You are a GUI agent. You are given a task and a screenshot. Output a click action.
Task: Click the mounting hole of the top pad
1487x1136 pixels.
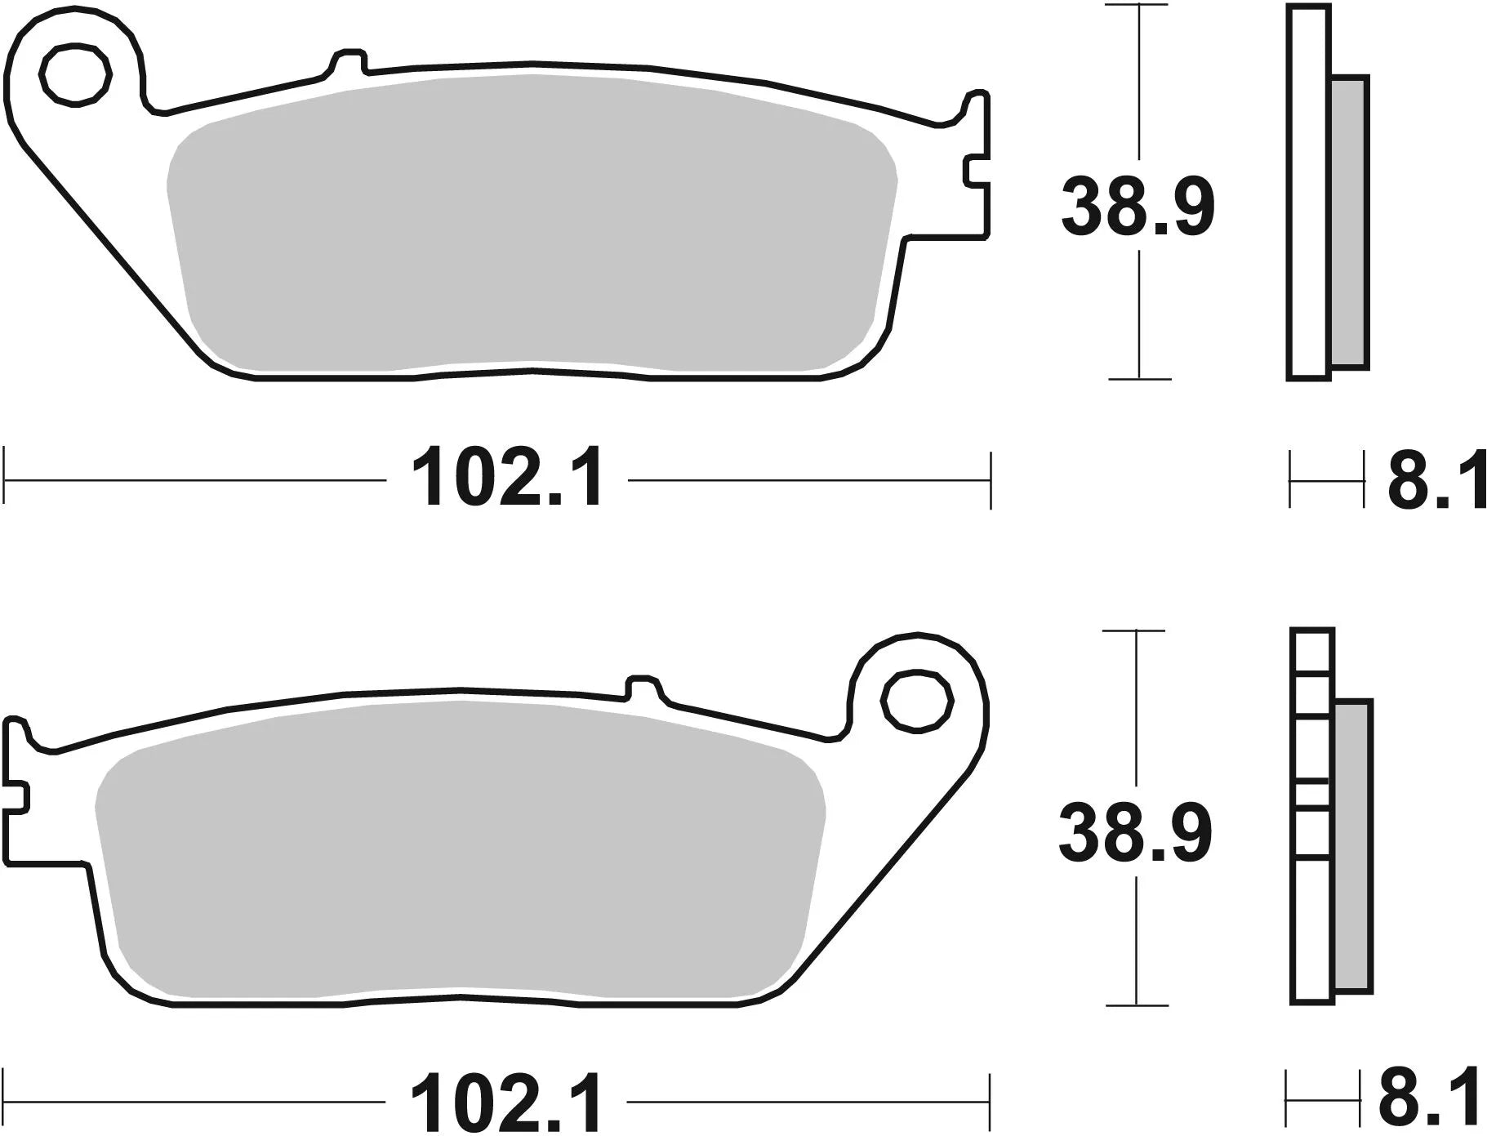click(x=76, y=75)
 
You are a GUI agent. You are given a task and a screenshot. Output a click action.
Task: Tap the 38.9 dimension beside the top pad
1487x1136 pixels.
click(x=1138, y=207)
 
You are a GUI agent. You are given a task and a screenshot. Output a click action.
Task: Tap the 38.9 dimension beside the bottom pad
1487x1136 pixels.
click(x=1135, y=833)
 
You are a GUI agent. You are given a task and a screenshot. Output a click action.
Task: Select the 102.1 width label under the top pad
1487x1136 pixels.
click(x=508, y=479)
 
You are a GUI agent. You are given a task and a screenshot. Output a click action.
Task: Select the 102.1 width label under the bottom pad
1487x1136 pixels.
click(x=508, y=1103)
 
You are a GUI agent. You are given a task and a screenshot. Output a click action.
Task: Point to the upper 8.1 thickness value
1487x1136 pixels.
click(x=1436, y=481)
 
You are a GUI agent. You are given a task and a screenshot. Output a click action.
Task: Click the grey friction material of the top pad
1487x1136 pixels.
click(x=531, y=221)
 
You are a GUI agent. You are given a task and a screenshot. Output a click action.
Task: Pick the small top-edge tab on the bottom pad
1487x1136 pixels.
click(x=643, y=686)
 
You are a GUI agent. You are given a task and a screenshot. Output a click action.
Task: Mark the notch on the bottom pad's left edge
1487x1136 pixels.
click(x=18, y=796)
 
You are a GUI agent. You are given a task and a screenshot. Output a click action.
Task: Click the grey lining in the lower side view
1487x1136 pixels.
click(x=1353, y=845)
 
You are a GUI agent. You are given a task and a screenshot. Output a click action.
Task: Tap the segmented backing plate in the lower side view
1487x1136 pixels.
click(x=1311, y=817)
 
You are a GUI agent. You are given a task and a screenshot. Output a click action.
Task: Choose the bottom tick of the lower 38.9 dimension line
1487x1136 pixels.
click(x=1136, y=1005)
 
